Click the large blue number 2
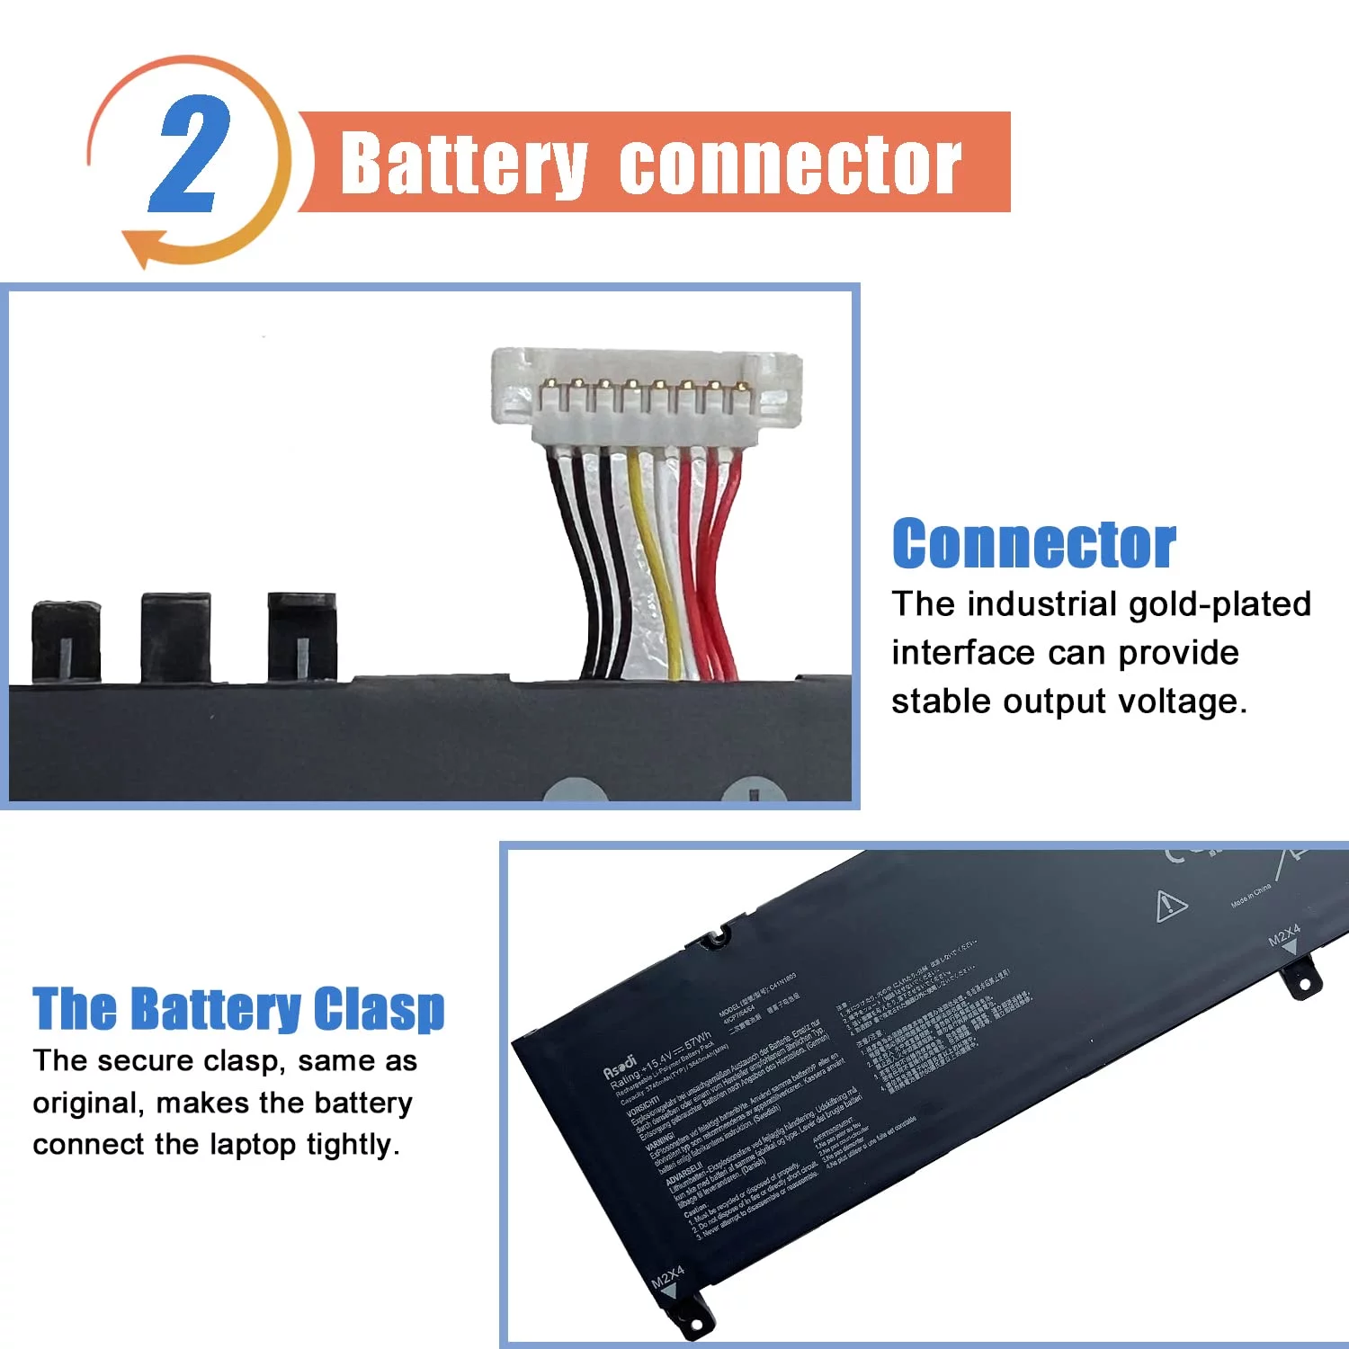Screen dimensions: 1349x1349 click(x=189, y=155)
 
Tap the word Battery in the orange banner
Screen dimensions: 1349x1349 click(x=464, y=164)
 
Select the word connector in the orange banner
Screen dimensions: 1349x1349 click(x=791, y=164)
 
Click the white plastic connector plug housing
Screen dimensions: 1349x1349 click(x=646, y=396)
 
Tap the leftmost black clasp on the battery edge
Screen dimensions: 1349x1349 click(x=66, y=639)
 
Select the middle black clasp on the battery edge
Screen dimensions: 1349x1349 click(x=175, y=634)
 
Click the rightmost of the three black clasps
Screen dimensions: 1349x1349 click(x=302, y=634)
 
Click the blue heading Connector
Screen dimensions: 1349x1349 click(x=1033, y=544)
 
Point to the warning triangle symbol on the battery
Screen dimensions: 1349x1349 click(x=1171, y=905)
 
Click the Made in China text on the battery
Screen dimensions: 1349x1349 click(x=1251, y=895)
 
